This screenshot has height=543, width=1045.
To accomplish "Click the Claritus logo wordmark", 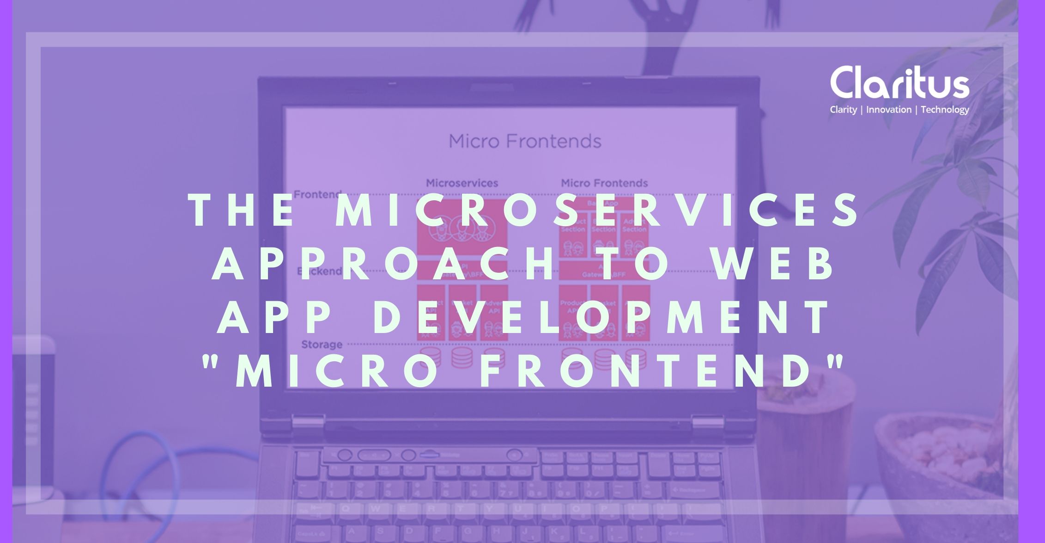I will coord(899,84).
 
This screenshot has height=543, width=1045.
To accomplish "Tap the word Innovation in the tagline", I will coord(888,110).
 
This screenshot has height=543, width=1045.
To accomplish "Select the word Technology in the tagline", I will coord(945,110).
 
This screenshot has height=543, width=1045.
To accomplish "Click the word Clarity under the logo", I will coord(843,110).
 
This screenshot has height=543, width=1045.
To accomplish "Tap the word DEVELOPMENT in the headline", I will coord(601,318).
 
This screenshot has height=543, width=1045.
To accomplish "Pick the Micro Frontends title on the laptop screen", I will coord(525,141).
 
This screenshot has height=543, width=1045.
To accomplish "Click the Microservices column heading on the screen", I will coord(462,183).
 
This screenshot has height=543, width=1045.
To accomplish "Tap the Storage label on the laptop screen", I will coord(322,345).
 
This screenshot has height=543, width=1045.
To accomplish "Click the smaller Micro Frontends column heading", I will coord(604,183).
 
